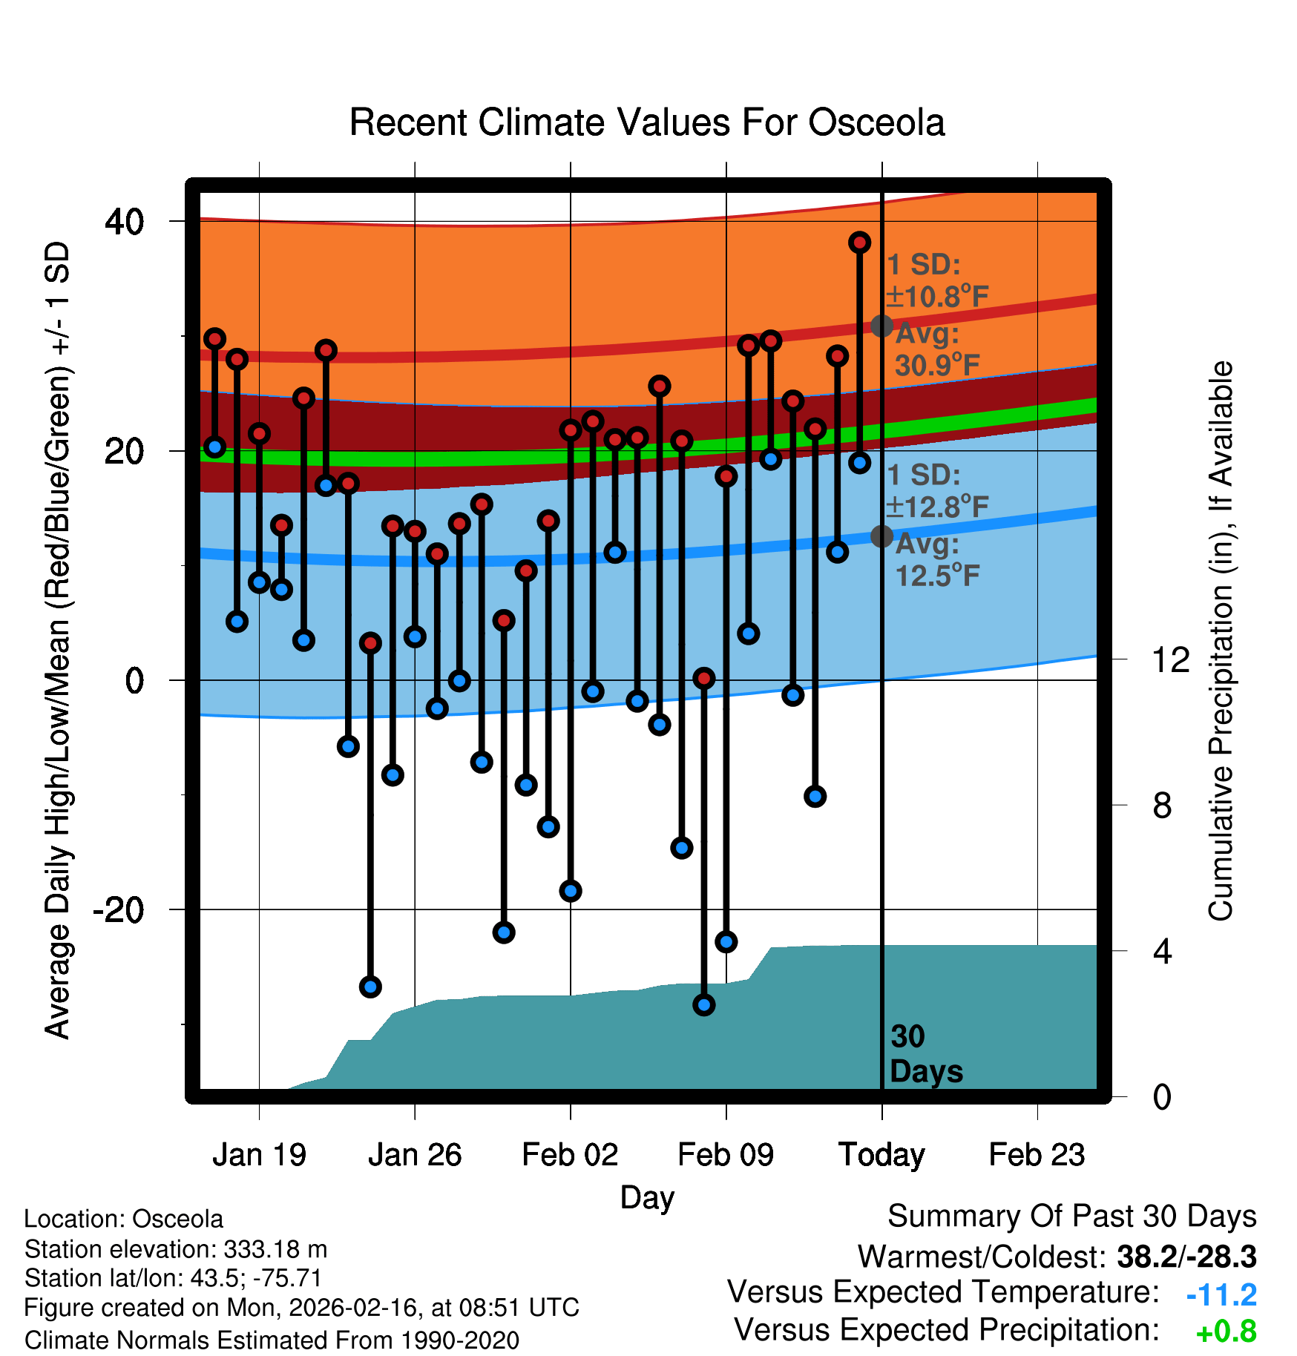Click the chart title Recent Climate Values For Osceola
pos(647,123)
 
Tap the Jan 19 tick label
pos(259,1155)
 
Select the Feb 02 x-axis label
pos(570,1155)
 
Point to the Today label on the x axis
pos(881,1155)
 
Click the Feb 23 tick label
pos(1037,1155)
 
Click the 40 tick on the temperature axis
pos(125,221)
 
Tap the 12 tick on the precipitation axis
pos(1170,659)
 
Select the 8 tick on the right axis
pos(1162,806)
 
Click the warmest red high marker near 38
pos(859,243)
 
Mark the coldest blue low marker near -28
pos(703,1005)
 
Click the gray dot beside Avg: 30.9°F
pos(881,326)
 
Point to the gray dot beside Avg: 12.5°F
pos(881,536)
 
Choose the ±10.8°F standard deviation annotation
pos(938,297)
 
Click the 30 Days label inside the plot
pos(925,1054)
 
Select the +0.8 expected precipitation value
pos(1226,1332)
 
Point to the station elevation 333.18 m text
pos(175,1249)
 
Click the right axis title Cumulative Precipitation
pos(1221,642)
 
